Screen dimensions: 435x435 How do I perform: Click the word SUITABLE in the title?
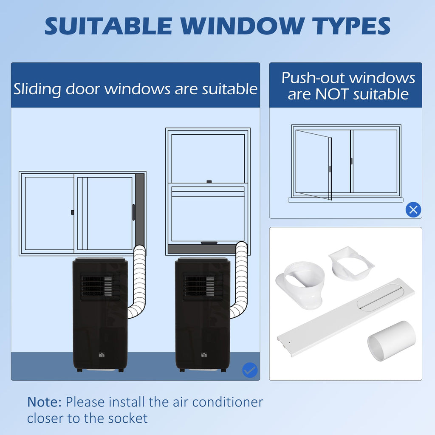108,26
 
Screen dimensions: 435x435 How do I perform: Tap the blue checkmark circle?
250,370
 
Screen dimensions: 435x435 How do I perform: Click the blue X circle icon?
413,210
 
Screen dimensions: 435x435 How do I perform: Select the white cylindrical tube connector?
392,340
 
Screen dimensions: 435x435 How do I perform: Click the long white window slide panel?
346,317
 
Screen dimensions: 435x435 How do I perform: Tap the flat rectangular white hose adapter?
351,263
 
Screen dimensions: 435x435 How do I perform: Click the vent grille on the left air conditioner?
100,287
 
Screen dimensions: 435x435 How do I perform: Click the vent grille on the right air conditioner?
203,287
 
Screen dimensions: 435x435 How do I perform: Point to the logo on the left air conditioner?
102,355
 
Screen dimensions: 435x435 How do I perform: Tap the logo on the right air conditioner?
204,355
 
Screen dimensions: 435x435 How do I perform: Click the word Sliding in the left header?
37,89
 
